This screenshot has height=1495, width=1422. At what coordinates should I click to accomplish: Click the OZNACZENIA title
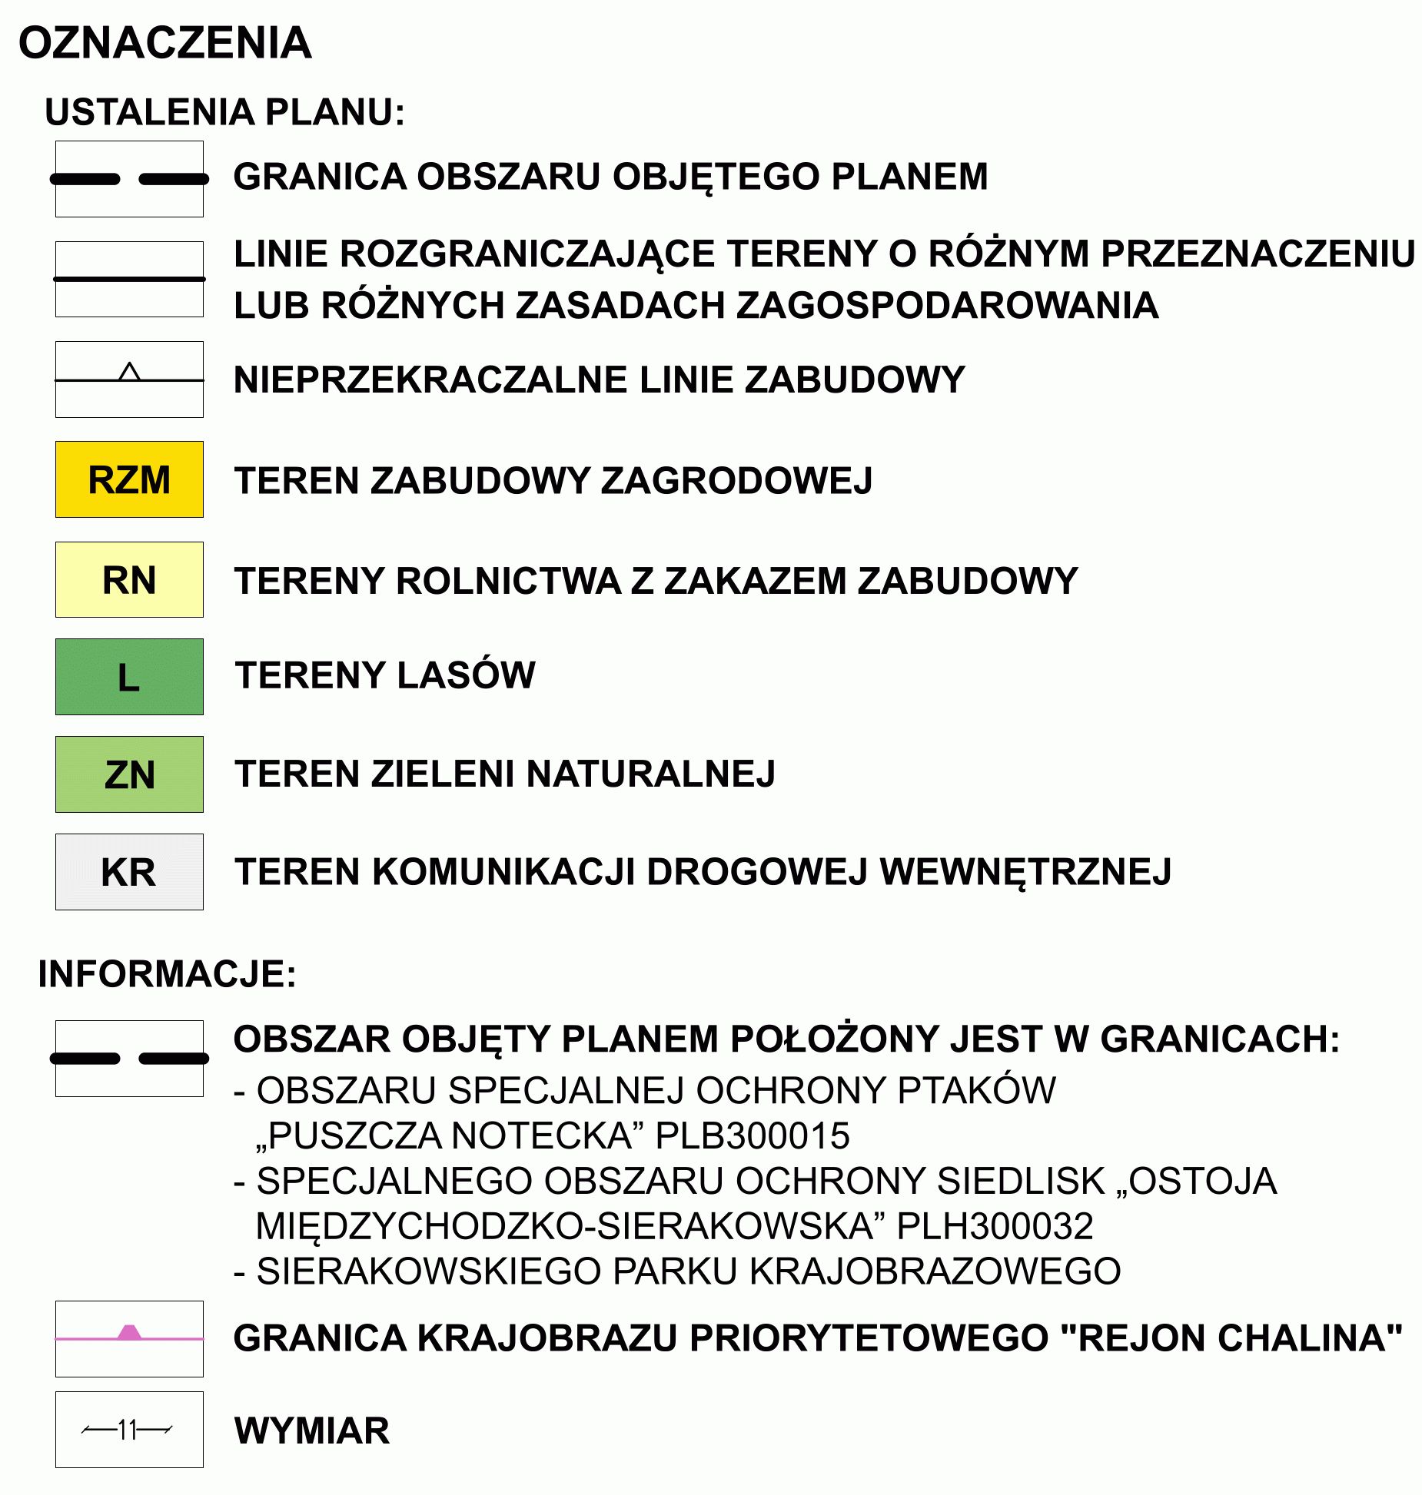pyautogui.click(x=165, y=43)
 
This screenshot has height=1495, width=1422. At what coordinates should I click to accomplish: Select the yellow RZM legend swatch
pyautogui.click(x=129, y=479)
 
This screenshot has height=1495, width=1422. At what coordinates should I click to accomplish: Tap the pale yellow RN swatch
pyautogui.click(x=129, y=579)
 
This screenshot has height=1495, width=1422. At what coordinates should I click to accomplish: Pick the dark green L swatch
pyautogui.click(x=129, y=677)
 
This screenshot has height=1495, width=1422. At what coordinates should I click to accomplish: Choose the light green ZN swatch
pyautogui.click(x=129, y=774)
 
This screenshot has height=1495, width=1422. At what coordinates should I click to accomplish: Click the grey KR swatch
pyautogui.click(x=129, y=872)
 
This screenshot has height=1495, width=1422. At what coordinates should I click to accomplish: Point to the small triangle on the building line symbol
pyautogui.click(x=130, y=373)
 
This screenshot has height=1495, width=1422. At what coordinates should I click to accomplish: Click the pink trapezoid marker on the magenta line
pyautogui.click(x=130, y=1331)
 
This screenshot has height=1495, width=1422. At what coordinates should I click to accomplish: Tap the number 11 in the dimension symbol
pyautogui.click(x=128, y=1430)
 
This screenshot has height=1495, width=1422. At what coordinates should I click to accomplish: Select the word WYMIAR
pyautogui.click(x=312, y=1430)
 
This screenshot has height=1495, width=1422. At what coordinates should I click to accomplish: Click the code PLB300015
pyautogui.click(x=753, y=1135)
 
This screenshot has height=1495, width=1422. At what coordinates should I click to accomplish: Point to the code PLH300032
pyautogui.click(x=995, y=1226)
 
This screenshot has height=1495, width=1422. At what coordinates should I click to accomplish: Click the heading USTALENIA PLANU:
pyautogui.click(x=224, y=112)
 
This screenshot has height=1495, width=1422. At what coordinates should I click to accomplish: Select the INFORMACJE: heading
pyautogui.click(x=167, y=974)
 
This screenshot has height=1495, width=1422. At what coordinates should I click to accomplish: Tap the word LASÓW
pyautogui.click(x=467, y=675)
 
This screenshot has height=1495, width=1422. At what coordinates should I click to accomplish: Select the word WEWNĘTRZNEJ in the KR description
pyautogui.click(x=1025, y=872)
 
